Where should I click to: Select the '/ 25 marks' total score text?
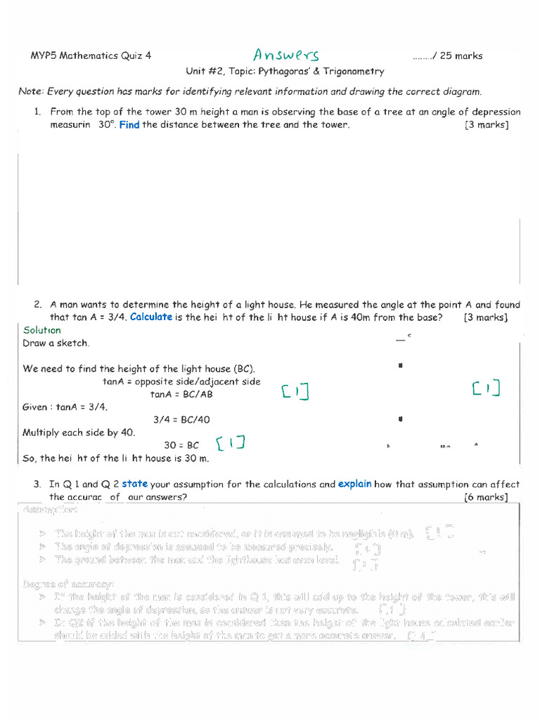(448, 56)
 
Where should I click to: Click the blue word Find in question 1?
(129, 125)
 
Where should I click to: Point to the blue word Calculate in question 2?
(151, 317)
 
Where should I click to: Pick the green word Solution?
(42, 330)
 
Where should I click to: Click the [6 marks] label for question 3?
(487, 497)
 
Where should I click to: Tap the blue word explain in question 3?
(354, 484)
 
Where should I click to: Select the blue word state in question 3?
(134, 484)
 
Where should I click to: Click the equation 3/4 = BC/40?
(181, 420)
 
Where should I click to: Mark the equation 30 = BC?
(181, 445)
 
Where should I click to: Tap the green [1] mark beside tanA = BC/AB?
(295, 392)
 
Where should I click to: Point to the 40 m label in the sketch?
(444, 446)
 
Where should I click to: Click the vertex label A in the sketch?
(476, 444)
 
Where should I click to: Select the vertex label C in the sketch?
(409, 336)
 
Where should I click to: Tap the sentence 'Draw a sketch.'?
(56, 343)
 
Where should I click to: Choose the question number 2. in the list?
(39, 305)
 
